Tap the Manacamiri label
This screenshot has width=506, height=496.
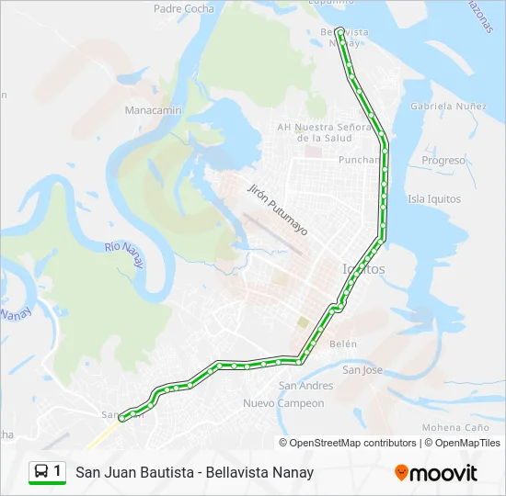pos(154,110)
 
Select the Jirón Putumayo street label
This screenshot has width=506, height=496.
pos(277,209)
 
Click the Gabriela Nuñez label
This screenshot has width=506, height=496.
pos(448,107)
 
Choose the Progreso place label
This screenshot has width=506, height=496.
pos(443,161)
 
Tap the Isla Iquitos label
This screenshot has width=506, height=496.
pos(433,198)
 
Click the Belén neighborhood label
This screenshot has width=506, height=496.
pos(342,344)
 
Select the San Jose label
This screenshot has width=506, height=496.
pos(362,370)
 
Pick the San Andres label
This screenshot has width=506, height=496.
pos(305,386)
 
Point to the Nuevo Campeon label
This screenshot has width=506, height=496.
pos(283,403)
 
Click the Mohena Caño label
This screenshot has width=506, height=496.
pos(454,428)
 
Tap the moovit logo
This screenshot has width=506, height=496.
pos(436,473)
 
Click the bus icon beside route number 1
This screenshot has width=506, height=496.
pos(41,472)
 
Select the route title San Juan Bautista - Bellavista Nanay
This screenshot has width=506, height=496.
pos(194,472)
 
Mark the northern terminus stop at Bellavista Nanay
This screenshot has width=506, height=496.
pos(339,30)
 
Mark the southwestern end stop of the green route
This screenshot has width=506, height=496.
pos(121,419)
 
